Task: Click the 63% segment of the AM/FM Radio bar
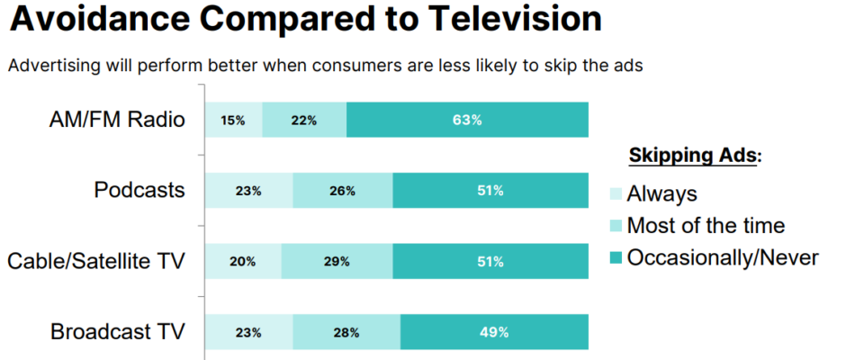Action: click(467, 120)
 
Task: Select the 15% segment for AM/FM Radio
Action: click(233, 120)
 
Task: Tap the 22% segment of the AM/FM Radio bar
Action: click(304, 120)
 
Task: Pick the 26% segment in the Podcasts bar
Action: click(343, 191)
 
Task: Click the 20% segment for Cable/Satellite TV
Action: click(243, 261)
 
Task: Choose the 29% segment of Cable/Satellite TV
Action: click(337, 261)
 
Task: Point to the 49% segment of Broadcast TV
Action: click(494, 332)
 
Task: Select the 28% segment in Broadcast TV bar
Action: click(346, 332)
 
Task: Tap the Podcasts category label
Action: click(139, 191)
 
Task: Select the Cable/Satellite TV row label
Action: click(96, 261)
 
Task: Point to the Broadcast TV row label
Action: click(118, 332)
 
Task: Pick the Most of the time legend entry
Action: click(706, 226)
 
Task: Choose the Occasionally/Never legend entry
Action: click(722, 258)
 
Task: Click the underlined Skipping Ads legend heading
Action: click(694, 156)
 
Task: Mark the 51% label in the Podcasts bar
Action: click(490, 191)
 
